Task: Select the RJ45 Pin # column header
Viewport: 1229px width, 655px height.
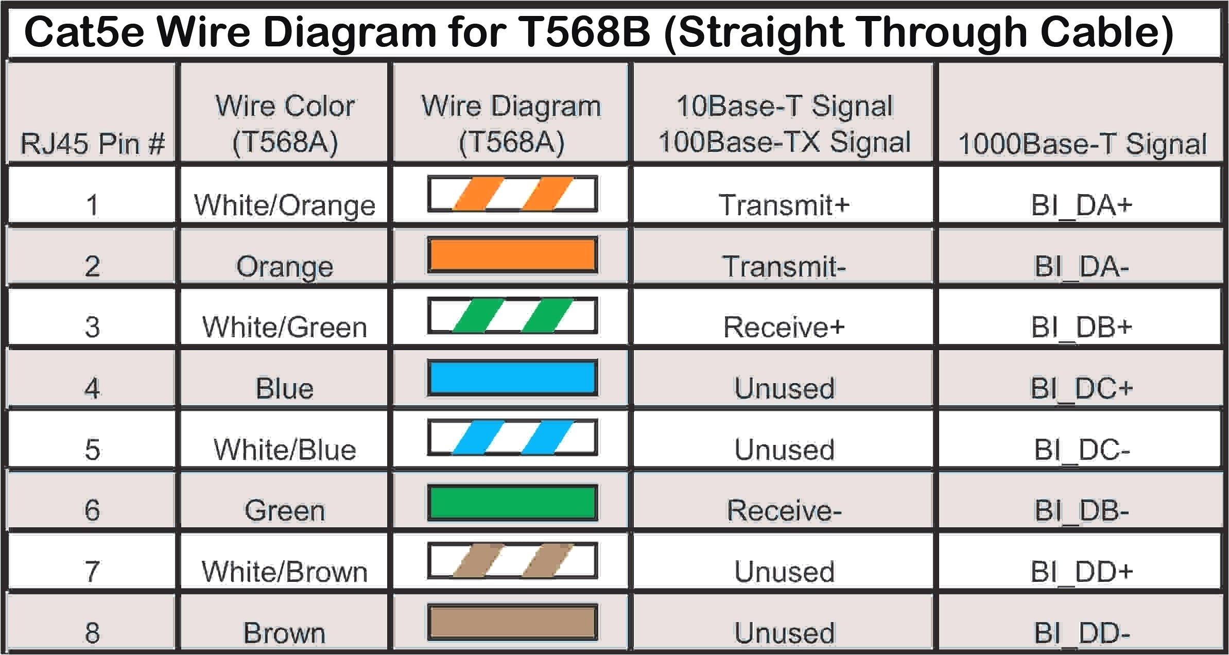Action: tap(92, 143)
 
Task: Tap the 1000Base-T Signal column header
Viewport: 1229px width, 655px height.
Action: tap(1082, 144)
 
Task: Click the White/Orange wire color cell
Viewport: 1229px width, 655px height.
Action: tap(284, 205)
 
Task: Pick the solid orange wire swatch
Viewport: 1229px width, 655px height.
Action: tap(512, 255)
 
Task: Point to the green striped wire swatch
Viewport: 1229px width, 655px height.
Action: tap(512, 316)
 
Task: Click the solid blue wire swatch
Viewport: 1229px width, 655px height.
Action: tap(512, 377)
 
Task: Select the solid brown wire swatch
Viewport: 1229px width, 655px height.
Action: tap(512, 622)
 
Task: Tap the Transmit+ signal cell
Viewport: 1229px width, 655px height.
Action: tap(784, 205)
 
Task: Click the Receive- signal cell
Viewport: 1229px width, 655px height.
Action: tap(784, 510)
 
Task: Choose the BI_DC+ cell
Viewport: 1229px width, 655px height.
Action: tap(1081, 388)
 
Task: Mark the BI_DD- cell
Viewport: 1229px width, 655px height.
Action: tap(1081, 633)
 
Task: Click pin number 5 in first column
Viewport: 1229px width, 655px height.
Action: tap(92, 449)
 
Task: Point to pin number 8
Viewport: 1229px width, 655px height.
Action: tap(92, 633)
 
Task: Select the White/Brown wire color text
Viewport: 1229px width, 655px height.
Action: tap(284, 572)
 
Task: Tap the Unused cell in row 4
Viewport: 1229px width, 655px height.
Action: tap(784, 388)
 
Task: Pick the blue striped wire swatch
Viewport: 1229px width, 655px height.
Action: tap(512, 438)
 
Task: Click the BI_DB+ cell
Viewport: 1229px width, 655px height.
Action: tap(1081, 327)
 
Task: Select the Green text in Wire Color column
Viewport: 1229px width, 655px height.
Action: tap(284, 510)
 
